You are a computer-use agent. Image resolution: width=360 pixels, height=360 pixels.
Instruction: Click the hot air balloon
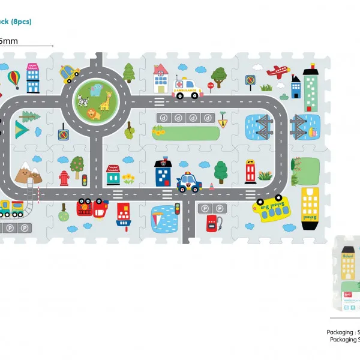13,77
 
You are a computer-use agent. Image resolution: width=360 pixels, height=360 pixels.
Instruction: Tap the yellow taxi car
70,74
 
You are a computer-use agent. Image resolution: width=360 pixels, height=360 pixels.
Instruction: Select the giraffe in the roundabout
104,97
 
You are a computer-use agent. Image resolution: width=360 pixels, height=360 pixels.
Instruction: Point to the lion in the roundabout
94,113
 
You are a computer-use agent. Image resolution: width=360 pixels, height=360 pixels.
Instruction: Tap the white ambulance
187,90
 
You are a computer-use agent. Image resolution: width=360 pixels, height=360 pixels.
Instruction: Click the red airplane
277,71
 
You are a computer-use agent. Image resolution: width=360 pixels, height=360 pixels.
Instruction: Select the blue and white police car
188,182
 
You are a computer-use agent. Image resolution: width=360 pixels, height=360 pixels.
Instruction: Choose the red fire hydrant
64,178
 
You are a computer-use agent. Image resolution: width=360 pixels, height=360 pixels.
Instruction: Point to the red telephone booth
250,170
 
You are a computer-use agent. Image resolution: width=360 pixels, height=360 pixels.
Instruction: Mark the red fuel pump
211,224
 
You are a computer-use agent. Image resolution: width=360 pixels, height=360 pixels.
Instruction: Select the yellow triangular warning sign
222,124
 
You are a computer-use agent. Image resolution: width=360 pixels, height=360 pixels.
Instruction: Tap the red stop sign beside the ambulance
211,85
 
